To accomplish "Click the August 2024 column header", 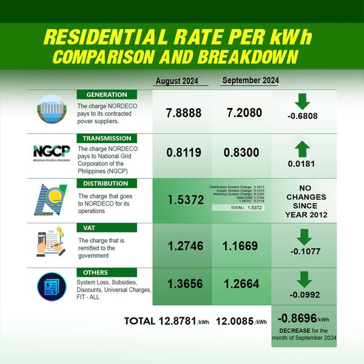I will (177, 81).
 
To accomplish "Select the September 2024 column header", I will (250, 81).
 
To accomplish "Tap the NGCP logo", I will (51, 152).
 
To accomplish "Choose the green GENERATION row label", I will (107, 95).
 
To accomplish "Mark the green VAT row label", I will (107, 227).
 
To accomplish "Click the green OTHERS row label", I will (107, 272).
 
